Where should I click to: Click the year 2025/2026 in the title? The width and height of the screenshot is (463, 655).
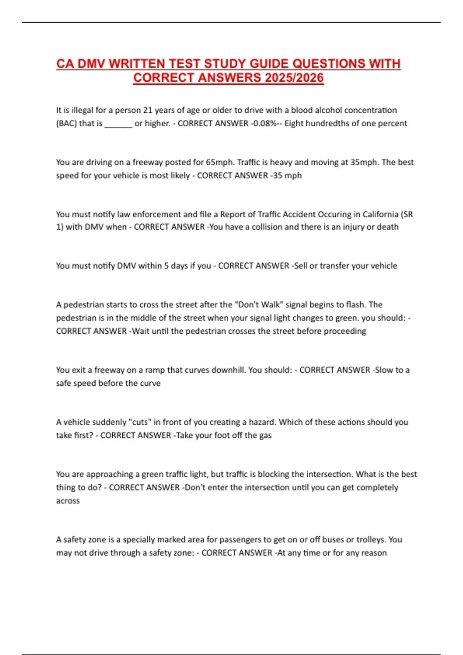[x=294, y=78]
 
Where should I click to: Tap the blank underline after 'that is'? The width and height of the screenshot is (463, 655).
[x=118, y=124]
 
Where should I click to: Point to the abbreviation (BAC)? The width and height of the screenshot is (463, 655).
[x=66, y=123]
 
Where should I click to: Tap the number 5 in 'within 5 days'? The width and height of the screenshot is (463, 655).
[x=166, y=266]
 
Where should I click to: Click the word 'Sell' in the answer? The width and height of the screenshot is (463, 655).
[x=301, y=266]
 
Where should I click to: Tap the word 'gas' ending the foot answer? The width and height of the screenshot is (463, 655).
[x=265, y=435]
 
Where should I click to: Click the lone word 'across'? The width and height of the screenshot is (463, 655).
[x=68, y=501]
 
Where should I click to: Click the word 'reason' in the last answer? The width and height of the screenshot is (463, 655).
[x=373, y=553]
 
